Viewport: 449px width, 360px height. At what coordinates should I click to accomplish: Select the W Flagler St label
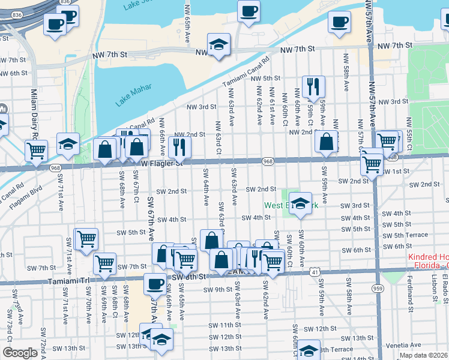[x=161, y=163]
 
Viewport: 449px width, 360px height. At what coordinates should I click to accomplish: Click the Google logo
[x=20, y=353]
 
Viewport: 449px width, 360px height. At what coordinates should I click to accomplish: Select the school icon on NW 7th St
[x=219, y=44]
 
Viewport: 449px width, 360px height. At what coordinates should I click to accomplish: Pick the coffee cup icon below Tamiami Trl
[x=155, y=283]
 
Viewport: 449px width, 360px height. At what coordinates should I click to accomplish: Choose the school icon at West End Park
[x=301, y=202]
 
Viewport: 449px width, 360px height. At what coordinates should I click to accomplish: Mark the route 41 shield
[x=314, y=272]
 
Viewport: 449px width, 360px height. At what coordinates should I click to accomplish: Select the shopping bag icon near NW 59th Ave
[x=326, y=142]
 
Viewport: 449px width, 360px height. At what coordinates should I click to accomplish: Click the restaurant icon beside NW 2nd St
[x=179, y=146]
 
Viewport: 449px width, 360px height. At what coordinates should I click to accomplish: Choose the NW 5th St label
[x=266, y=78]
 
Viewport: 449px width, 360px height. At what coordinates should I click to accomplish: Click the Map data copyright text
[x=423, y=355]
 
